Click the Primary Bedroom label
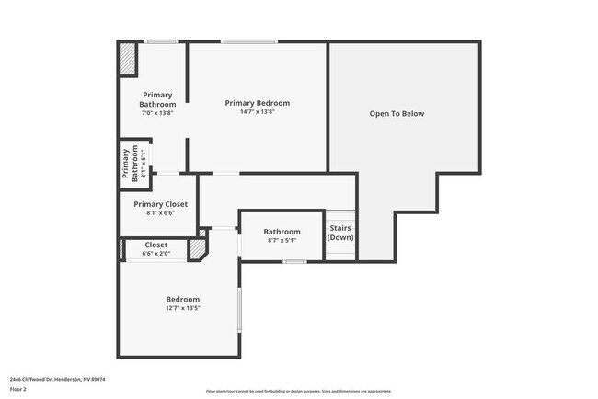[258, 103]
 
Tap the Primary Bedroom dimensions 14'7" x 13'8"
[258, 112]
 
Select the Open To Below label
[397, 114]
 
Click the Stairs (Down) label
[340, 233]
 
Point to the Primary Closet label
[160, 204]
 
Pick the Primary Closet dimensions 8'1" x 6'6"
[160, 213]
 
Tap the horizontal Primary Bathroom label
[158, 99]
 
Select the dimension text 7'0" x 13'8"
[158, 112]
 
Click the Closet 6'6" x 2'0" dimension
[156, 254]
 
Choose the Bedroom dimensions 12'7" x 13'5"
[182, 309]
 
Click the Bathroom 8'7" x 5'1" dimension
[282, 241]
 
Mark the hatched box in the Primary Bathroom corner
[127, 61]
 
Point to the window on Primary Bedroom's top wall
[248, 41]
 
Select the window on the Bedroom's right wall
[239, 310]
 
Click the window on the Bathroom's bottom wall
[294, 262]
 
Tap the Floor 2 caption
[17, 389]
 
